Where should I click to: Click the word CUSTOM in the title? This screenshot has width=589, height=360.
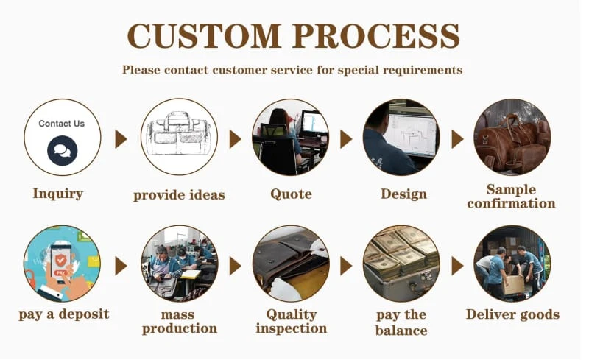[x=203, y=35]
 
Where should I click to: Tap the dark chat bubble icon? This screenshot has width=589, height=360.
[x=62, y=151]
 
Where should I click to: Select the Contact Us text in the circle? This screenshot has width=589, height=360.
[x=62, y=124]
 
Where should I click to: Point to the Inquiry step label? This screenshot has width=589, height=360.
[x=57, y=194]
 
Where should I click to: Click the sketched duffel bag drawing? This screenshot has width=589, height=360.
[x=178, y=135]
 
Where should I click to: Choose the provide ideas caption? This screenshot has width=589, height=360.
[x=179, y=195]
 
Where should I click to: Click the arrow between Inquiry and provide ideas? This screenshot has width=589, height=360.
[x=121, y=139]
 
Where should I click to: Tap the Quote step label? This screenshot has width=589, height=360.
[x=291, y=194]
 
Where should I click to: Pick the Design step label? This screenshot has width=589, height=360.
[x=403, y=194]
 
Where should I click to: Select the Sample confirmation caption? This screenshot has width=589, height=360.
[x=511, y=197]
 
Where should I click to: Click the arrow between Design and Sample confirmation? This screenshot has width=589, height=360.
[x=457, y=139]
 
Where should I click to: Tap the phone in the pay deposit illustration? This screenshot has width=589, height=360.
[x=63, y=258]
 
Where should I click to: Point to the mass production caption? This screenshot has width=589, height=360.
[x=179, y=321]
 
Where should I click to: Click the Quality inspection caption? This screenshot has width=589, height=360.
[x=291, y=321]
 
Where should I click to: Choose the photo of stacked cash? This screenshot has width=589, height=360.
[x=401, y=262]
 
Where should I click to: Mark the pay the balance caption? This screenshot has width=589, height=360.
[x=401, y=322]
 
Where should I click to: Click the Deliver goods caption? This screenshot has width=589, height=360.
[x=512, y=315]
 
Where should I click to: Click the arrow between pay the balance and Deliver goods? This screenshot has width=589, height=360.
[x=457, y=266]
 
